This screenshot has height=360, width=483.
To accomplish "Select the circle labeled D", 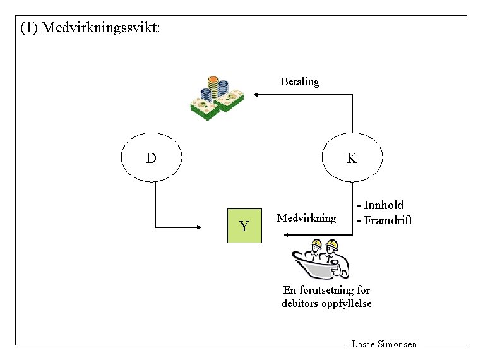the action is tap(152, 157).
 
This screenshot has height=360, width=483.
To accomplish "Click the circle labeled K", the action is tap(352, 157).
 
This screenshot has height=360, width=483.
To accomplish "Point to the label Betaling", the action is tap(300, 81).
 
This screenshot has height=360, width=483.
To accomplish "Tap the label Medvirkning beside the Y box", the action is tap(307, 218).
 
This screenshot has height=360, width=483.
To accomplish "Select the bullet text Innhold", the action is tap(383, 205).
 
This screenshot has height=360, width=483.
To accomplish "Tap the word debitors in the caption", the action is tap(299, 303).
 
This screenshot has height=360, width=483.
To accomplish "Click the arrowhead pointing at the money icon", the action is tap(256, 95).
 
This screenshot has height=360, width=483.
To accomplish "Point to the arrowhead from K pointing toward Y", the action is tap(287, 235).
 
